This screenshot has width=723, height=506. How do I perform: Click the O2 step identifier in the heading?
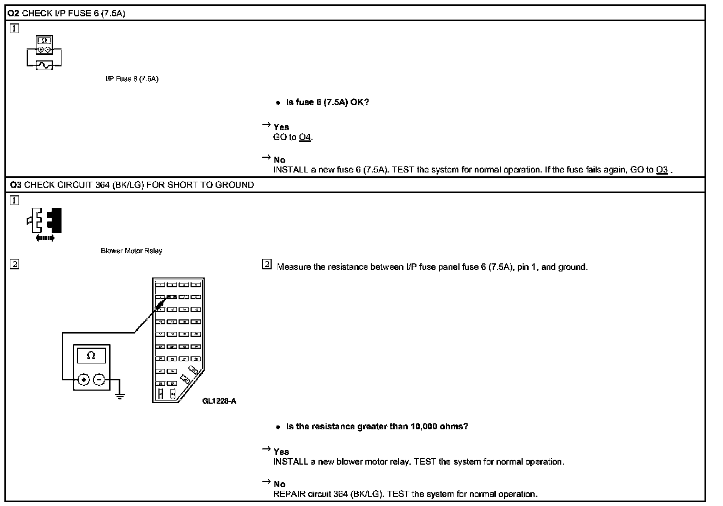(14, 13)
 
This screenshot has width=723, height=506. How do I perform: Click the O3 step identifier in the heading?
(16, 185)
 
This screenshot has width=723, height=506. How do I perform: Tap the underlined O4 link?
(305, 137)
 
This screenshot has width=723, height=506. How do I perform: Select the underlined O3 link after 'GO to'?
(661, 170)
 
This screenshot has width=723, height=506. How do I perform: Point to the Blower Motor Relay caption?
(131, 251)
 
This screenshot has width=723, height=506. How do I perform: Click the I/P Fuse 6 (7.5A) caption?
(132, 79)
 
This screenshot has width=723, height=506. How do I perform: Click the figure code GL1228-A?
(219, 402)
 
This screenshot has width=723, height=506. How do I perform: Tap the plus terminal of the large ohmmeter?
(83, 380)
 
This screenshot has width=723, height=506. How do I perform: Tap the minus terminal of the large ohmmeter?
(99, 380)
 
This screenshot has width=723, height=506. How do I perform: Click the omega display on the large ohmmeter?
(91, 356)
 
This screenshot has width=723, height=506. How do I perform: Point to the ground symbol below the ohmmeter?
(120, 396)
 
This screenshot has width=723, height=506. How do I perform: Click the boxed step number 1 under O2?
(14, 28)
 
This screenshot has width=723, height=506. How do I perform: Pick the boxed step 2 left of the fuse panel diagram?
(14, 264)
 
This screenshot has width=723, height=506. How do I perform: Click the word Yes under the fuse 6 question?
(281, 127)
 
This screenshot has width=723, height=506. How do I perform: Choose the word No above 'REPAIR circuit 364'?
(279, 484)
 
